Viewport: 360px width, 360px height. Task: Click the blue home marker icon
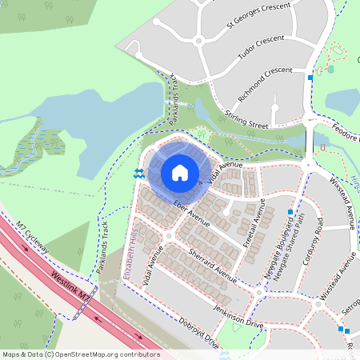click(180, 173)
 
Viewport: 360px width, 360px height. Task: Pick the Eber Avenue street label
click(191, 213)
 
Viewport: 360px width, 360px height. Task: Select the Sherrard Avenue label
click(210, 268)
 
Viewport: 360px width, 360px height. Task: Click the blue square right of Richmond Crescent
click(310, 78)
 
